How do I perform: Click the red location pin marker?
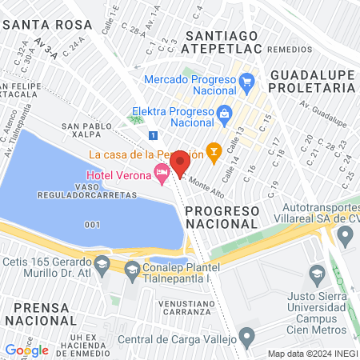point(180,163)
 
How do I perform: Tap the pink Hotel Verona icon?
point(162,173)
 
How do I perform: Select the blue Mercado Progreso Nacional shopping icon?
point(246,80)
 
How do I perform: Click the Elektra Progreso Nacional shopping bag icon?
point(224,113)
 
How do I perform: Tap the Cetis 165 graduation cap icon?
point(102,263)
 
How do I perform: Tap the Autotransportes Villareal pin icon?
point(346,236)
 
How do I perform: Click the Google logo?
point(26,350)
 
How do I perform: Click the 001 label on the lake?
point(92,223)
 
